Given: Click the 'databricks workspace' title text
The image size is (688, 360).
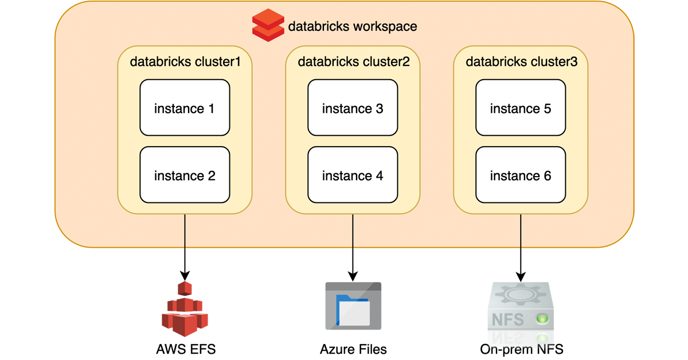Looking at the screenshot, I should coord(352,26).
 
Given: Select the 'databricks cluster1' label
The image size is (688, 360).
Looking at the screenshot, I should coord(185,62).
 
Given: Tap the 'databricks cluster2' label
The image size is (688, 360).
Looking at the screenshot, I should coord(353,62).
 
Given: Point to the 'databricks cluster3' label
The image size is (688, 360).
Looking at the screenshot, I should coord(521,62).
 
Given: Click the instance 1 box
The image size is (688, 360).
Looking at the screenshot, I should coord(185,108).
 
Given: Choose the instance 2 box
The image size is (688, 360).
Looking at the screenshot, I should coord(185,175).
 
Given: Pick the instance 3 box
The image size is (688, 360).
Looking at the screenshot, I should coord(353,108).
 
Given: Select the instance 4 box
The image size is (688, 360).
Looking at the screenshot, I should coord(353,175).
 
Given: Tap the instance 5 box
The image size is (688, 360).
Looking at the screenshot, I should coord(521,108).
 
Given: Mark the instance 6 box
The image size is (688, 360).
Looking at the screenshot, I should coord(521,175).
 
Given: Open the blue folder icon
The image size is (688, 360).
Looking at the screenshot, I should coord(353,307).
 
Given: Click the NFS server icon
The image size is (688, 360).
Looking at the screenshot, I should coord(521,312).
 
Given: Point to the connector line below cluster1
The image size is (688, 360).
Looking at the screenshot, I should coord(185,231).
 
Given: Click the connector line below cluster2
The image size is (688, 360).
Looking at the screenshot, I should coord(353,231).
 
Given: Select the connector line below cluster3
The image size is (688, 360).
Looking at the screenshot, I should coord(521,231).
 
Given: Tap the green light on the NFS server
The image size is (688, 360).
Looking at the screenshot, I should coord(542,318).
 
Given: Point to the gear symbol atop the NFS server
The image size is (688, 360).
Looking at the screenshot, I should coord(520,294).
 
